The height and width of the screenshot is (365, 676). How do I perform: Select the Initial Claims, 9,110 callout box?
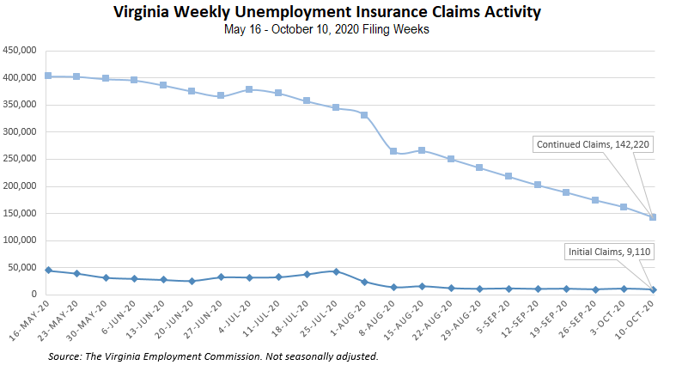coord(607,252)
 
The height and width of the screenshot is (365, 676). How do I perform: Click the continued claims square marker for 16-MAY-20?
coord(48,76)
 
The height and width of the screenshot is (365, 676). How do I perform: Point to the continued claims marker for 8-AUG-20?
coord(393,151)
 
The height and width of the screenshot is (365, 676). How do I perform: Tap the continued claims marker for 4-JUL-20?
coord(249,89)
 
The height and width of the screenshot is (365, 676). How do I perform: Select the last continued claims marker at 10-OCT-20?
coord(653,217)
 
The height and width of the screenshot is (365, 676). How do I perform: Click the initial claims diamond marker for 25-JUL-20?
coord(336,271)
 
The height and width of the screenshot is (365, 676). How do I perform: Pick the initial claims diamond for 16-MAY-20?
coord(48,271)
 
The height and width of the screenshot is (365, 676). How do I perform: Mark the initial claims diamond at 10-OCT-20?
coord(653,289)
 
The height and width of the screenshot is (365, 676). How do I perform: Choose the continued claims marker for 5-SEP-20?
coord(509,176)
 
